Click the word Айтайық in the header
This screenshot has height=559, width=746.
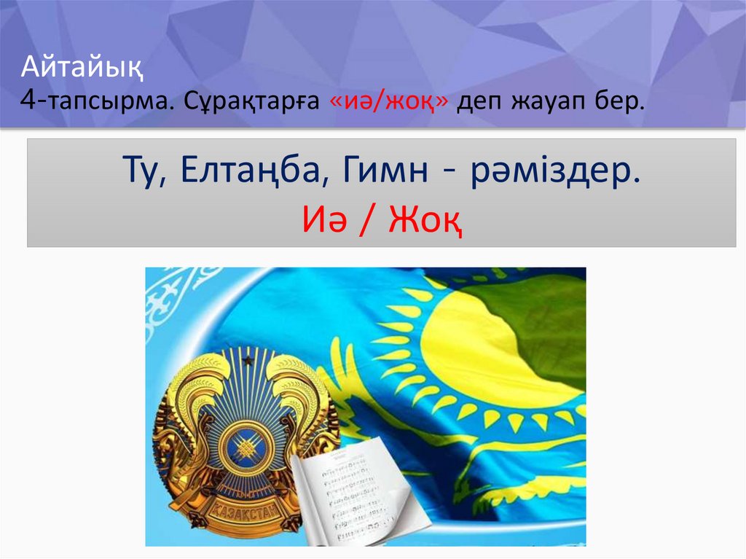pyautogui.click(x=82, y=71)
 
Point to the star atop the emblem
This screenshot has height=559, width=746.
pyautogui.click(x=248, y=359)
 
